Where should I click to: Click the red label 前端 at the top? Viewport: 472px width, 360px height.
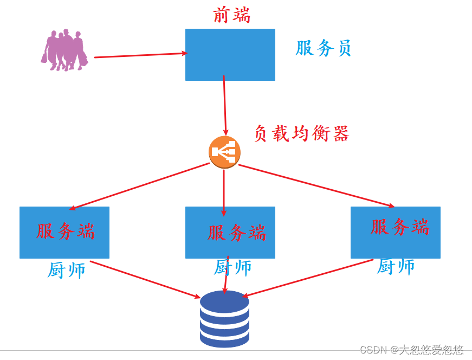pos(231,15)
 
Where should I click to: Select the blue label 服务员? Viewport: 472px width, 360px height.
pos(324,48)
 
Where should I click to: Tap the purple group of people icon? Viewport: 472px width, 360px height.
pos(64,50)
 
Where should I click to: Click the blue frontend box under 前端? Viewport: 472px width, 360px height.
pos(230,55)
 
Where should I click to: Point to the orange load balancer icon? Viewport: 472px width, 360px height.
pos(224,152)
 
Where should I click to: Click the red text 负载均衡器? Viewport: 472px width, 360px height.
pos(301,133)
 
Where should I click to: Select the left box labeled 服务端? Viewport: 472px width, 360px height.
pos(64,232)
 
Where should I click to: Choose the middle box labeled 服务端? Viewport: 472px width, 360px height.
pos(230,232)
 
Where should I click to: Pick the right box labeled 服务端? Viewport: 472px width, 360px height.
pos(395,232)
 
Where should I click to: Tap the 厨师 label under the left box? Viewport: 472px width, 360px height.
pos(66,270)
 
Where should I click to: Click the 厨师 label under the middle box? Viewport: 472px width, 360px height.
pos(233,267)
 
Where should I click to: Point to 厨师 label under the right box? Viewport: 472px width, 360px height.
pos(396,266)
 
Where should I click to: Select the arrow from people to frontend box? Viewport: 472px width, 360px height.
pos(141,55)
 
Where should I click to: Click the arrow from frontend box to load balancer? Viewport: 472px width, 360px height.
pos(224,106)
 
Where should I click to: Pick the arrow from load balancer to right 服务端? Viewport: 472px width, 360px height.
pos(316,185)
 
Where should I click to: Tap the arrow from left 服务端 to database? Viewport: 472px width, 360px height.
pos(145,279)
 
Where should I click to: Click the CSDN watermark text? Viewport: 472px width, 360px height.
pos(412,349)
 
